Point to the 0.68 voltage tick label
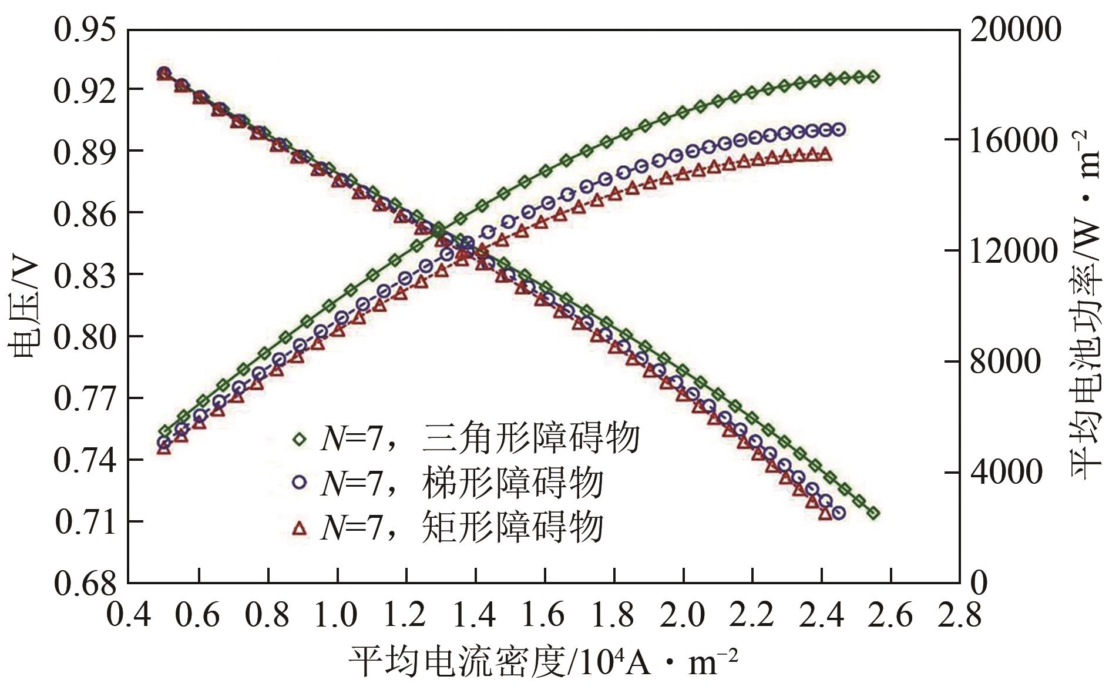85,583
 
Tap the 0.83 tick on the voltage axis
85,274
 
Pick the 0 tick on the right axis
977,583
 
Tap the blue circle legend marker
300,483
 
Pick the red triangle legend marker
300,527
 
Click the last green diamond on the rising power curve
873,76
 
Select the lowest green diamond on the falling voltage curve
873,513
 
